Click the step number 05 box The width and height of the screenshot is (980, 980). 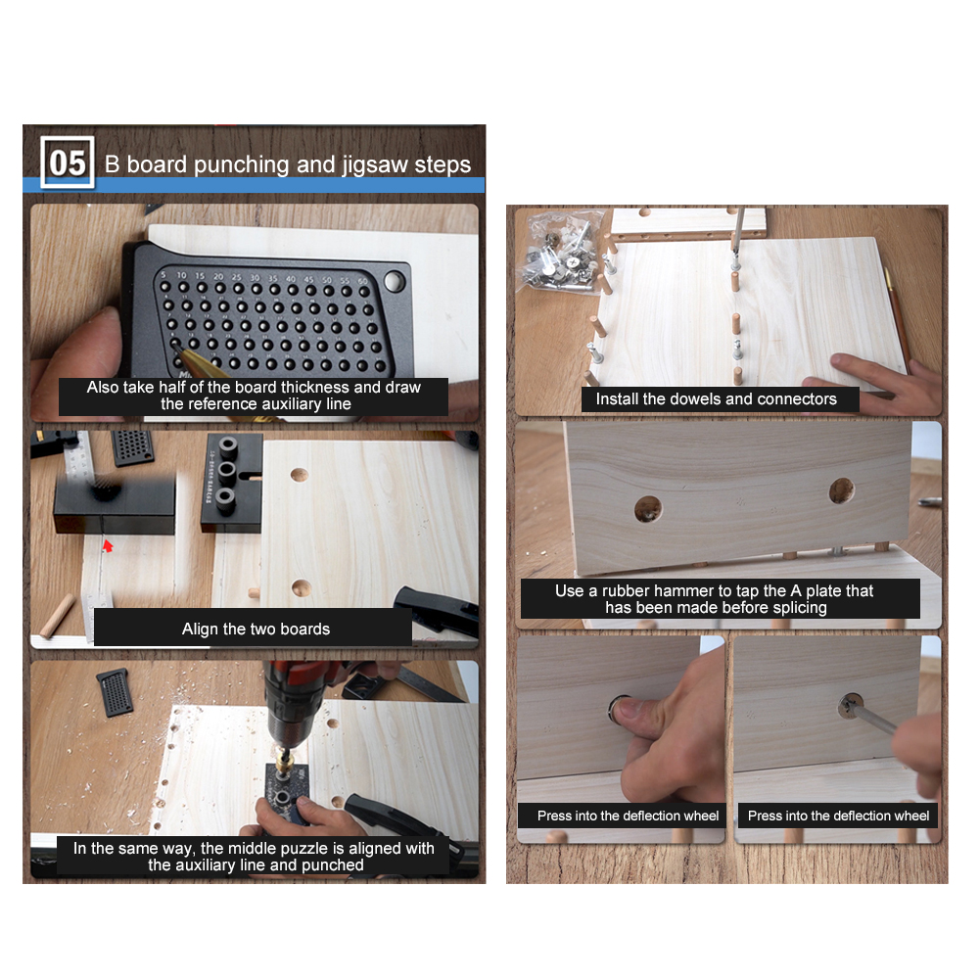click(x=68, y=163)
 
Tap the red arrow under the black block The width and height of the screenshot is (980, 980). click(x=108, y=545)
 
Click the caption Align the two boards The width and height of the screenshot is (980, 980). click(x=256, y=629)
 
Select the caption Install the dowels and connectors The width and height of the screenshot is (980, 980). click(x=717, y=398)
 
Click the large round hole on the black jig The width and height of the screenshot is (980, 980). click(x=395, y=281)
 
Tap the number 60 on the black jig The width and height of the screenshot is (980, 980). click(x=363, y=281)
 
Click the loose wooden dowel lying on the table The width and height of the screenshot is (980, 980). click(x=57, y=616)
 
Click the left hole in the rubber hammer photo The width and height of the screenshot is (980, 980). click(x=648, y=509)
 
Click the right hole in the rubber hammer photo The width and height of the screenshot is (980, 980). click(x=841, y=490)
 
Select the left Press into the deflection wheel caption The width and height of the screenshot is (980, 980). click(x=629, y=816)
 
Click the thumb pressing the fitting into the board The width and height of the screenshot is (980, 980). click(x=634, y=710)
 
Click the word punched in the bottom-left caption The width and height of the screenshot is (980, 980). click(x=332, y=865)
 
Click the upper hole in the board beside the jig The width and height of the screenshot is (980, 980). click(x=300, y=475)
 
